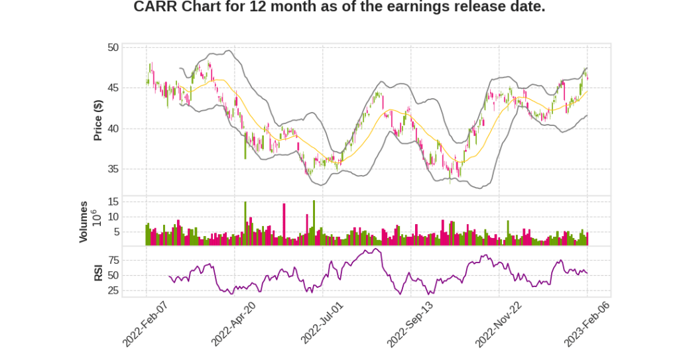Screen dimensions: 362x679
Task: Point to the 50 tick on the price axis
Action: (x=113, y=48)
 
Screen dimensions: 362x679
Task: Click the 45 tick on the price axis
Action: (x=113, y=88)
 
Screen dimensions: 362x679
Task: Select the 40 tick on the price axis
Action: (x=113, y=129)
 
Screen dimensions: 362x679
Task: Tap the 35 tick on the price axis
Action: (x=113, y=169)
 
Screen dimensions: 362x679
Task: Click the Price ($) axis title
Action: (x=98, y=120)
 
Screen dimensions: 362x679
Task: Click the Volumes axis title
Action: (x=84, y=221)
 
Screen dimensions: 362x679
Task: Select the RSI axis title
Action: (x=98, y=273)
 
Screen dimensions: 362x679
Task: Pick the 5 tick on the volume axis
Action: (x=115, y=232)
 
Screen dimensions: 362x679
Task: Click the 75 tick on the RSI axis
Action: (x=113, y=260)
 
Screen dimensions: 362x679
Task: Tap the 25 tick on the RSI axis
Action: (x=113, y=290)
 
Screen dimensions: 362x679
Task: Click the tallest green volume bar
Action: (x=314, y=223)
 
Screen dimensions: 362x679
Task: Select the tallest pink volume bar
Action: (x=284, y=224)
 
